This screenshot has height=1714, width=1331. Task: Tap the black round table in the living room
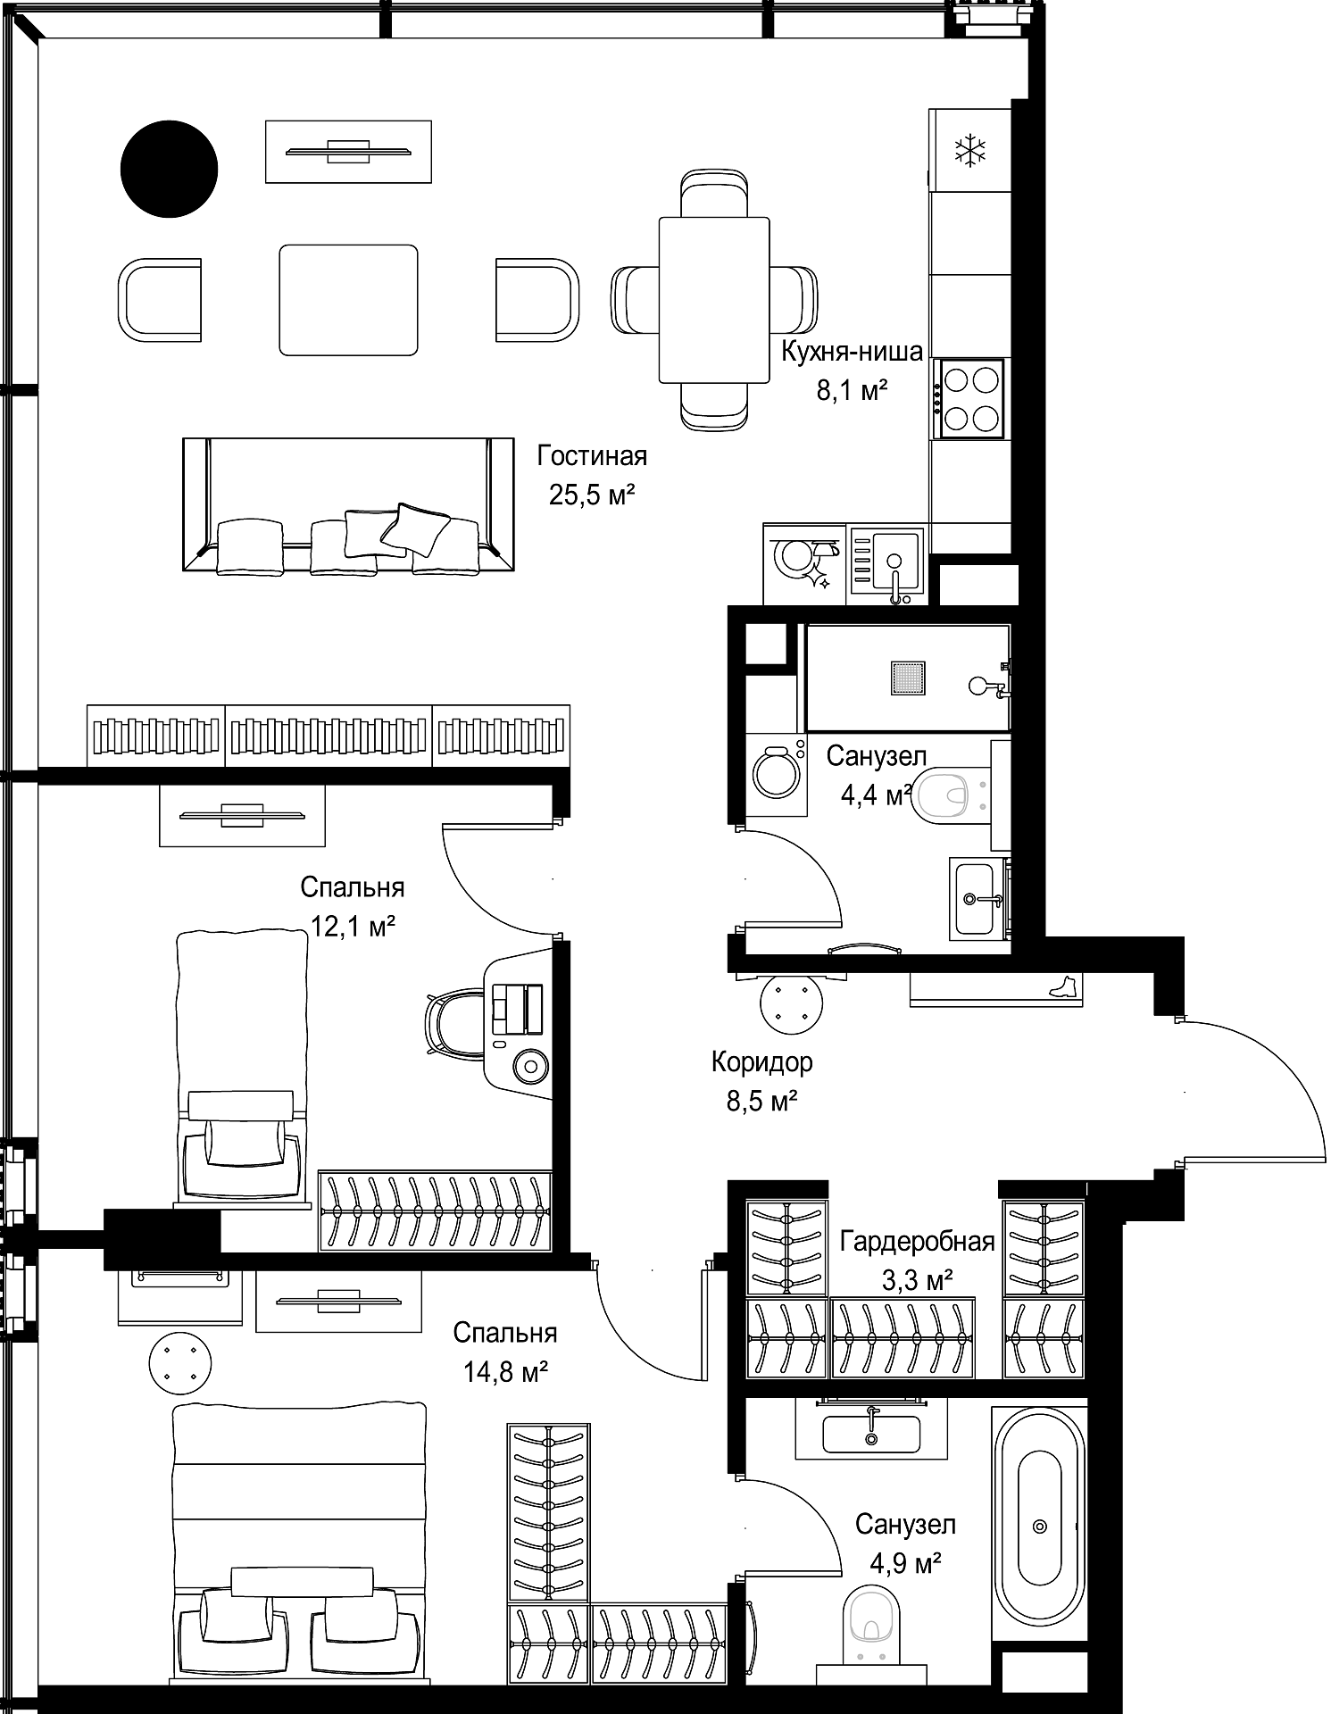tap(170, 169)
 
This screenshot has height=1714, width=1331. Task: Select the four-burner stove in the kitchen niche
tap(969, 399)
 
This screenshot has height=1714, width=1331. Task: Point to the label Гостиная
tap(592, 456)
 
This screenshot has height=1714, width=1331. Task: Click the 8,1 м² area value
tap(852, 390)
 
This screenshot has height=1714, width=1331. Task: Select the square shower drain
tap(907, 678)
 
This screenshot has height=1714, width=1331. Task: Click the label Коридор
tap(761, 1062)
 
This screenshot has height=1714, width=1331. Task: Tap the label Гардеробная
tap(918, 1241)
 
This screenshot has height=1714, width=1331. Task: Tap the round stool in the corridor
tap(791, 1004)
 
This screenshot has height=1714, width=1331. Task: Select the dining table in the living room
tap(714, 300)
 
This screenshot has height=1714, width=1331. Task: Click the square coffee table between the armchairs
tap(348, 300)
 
